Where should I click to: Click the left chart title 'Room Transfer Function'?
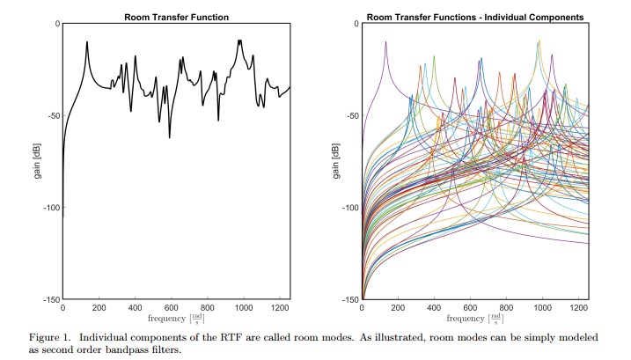[x=176, y=17]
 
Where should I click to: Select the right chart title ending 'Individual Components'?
[x=475, y=17]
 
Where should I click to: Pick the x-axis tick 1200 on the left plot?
[x=279, y=308]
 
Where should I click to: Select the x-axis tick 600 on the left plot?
[x=171, y=308]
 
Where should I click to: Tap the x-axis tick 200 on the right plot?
[x=398, y=308]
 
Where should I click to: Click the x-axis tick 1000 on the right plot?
[x=543, y=308]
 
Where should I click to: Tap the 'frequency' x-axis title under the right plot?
[x=465, y=318]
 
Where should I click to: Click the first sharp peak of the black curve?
[x=87, y=42]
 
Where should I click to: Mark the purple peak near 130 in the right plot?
[x=385, y=42]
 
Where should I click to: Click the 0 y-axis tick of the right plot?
[x=355, y=25]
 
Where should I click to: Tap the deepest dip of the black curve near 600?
[x=170, y=137]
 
